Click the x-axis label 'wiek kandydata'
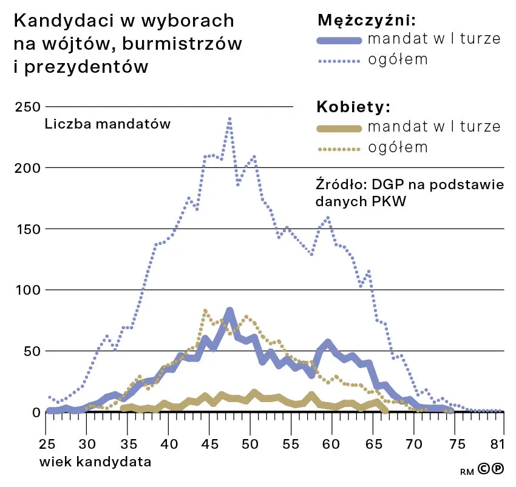coord(95,462)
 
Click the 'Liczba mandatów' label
coord(107,124)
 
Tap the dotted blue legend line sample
coord(338,61)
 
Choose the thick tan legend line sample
coord(338,127)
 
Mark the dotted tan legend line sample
coord(338,148)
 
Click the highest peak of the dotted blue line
coord(229,119)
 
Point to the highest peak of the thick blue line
coord(229,311)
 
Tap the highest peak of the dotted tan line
coord(205,311)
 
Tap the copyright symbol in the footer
coord(484,469)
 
